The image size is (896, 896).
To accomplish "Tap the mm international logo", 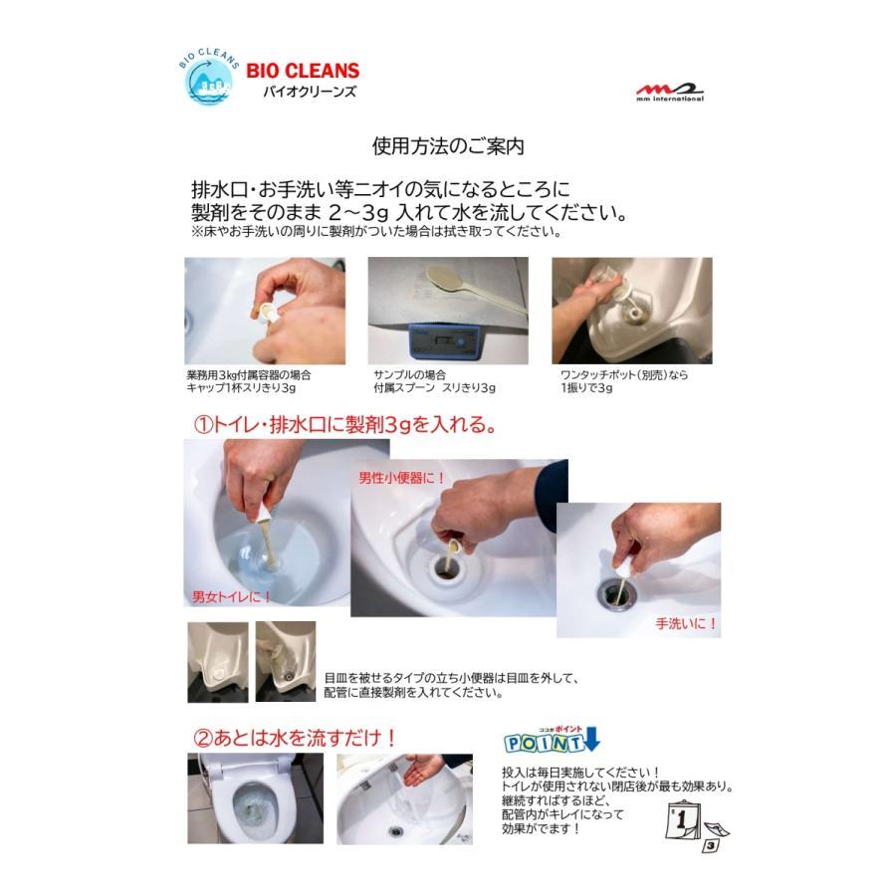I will pyautogui.click(x=670, y=93).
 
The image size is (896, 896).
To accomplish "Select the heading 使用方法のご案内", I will pyautogui.click(x=448, y=146).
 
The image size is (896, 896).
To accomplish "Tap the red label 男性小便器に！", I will pyautogui.click(x=402, y=478).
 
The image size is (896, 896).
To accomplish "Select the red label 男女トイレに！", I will pyautogui.click(x=232, y=597).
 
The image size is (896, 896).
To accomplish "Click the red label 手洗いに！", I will pyautogui.click(x=686, y=624).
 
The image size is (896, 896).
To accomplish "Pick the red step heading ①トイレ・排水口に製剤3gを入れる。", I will pyautogui.click(x=344, y=425).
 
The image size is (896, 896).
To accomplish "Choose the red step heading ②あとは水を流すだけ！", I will pyautogui.click(x=295, y=738).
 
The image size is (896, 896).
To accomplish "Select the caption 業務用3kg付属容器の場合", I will pyautogui.click(x=248, y=375).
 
